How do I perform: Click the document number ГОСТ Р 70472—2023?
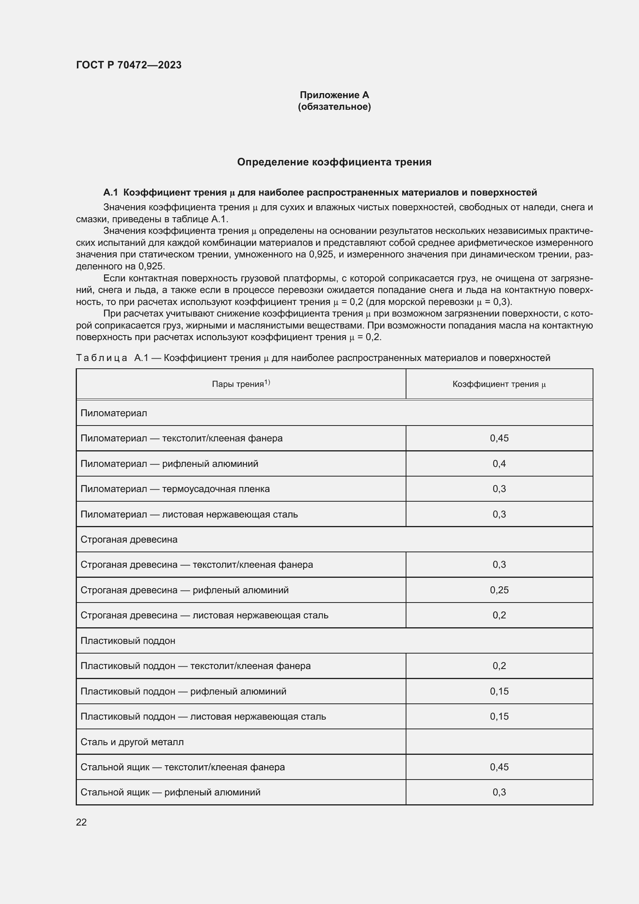point(129,65)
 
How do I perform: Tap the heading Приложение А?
point(334,95)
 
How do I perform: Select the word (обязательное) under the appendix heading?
point(334,107)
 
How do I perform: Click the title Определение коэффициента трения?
point(334,162)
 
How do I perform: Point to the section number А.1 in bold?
point(110,192)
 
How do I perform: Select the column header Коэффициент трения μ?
point(499,384)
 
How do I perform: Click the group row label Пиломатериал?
point(114,413)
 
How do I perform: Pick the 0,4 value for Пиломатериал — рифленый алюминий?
point(499,463)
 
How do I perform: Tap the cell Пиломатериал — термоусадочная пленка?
point(175,489)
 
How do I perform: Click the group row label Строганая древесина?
point(129,540)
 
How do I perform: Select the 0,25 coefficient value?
point(499,590)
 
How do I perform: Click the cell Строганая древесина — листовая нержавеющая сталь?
point(204,615)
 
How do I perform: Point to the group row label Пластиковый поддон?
point(128,640)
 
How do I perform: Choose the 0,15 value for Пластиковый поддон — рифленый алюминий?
point(499,691)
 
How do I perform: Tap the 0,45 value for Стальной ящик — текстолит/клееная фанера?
point(499,767)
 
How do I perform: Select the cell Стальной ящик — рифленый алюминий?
point(170,792)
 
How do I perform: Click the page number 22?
point(82,822)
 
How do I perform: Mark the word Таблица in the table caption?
point(102,358)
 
